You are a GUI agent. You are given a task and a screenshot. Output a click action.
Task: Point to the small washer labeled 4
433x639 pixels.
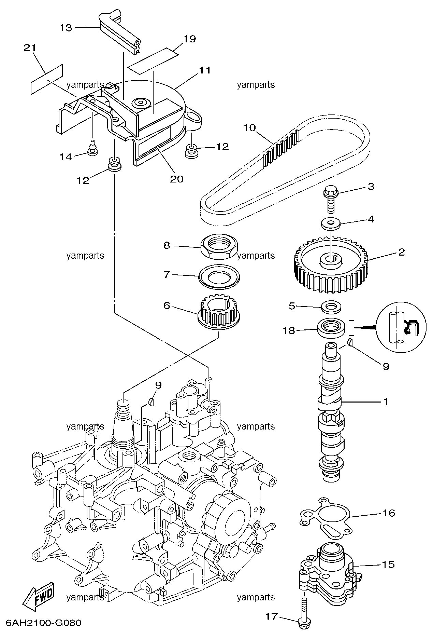(331, 224)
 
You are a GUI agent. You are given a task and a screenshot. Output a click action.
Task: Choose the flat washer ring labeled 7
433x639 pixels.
(220, 275)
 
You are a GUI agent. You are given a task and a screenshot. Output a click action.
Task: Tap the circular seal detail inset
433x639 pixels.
(401, 328)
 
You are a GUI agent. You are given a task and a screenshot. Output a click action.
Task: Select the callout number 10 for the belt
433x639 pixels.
(249, 128)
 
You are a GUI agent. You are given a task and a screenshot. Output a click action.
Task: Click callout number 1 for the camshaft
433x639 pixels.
(386, 402)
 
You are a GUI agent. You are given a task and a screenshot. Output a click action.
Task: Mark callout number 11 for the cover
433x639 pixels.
(205, 70)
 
